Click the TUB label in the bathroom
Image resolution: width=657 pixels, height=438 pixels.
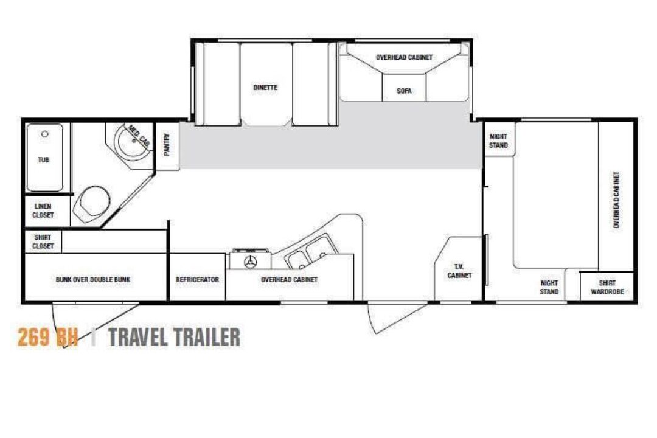pyautogui.click(x=44, y=160)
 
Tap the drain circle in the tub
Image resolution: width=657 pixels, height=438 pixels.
pyautogui.click(x=45, y=134)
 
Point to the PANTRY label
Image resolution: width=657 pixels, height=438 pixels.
pyautogui.click(x=167, y=145)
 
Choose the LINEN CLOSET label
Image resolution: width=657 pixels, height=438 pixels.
pyautogui.click(x=43, y=210)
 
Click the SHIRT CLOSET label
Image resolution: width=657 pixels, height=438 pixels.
pyautogui.click(x=43, y=242)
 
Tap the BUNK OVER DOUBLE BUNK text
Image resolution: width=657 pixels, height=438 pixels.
pyautogui.click(x=93, y=280)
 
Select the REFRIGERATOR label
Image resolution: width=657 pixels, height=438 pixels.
pyautogui.click(x=197, y=280)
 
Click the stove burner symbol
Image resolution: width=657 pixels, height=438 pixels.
pyautogui.click(x=251, y=262)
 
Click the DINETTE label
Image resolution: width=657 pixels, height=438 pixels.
pyautogui.click(x=265, y=88)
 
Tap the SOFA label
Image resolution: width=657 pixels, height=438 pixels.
pyautogui.click(x=404, y=91)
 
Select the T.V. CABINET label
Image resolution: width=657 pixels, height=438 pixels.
pyautogui.click(x=460, y=271)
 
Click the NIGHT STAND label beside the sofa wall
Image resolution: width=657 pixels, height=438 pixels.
pyautogui.click(x=498, y=141)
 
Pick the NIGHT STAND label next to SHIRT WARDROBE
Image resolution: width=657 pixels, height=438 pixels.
pyautogui.click(x=549, y=288)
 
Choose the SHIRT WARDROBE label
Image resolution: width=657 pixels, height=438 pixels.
pyautogui.click(x=607, y=288)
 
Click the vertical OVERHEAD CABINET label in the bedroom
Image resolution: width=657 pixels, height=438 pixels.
pyautogui.click(x=616, y=200)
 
